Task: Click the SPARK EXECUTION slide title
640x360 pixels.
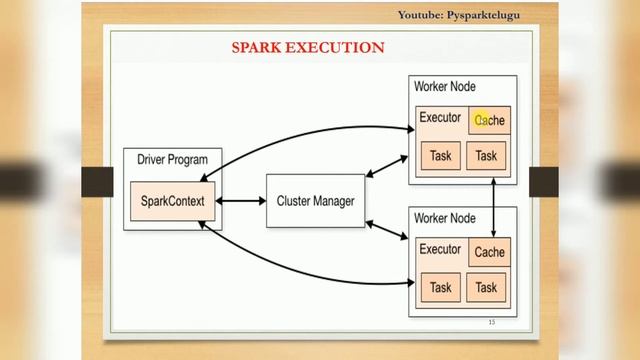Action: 308,47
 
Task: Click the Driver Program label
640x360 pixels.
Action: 173,160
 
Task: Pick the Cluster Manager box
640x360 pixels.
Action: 315,201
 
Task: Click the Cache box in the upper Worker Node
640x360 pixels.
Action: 490,120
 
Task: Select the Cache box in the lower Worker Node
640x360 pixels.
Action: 490,252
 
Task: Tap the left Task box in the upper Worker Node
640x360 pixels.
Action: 441,156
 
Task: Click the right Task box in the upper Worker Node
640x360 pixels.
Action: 487,156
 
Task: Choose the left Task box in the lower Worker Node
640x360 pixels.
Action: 441,288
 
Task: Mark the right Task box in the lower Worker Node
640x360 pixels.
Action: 487,288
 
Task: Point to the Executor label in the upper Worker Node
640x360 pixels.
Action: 440,118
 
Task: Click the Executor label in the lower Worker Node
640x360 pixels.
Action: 440,250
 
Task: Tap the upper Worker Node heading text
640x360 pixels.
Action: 445,87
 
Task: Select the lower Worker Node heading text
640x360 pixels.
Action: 445,218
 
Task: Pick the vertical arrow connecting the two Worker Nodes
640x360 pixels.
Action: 495,203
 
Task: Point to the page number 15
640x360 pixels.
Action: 491,322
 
